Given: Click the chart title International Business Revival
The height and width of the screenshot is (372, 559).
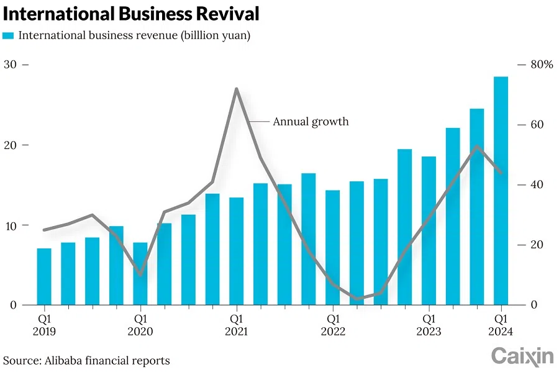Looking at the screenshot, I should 131,13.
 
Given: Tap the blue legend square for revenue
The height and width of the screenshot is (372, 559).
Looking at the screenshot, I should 8,35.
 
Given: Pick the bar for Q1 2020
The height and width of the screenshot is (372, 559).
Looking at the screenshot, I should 140,273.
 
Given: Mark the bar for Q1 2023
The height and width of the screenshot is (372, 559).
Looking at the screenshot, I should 429,230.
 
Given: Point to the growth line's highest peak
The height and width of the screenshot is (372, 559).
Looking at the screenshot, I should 237,89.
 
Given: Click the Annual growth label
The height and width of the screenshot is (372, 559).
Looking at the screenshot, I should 311,122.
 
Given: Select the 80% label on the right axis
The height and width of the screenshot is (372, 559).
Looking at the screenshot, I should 540,65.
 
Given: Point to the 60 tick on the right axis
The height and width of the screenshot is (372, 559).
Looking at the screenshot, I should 537,125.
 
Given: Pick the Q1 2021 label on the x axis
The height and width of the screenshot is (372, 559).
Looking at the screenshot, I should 237,325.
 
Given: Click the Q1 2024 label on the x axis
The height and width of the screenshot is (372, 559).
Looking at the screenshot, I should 501,325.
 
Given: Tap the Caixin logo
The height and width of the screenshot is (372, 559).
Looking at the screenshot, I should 522,356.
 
